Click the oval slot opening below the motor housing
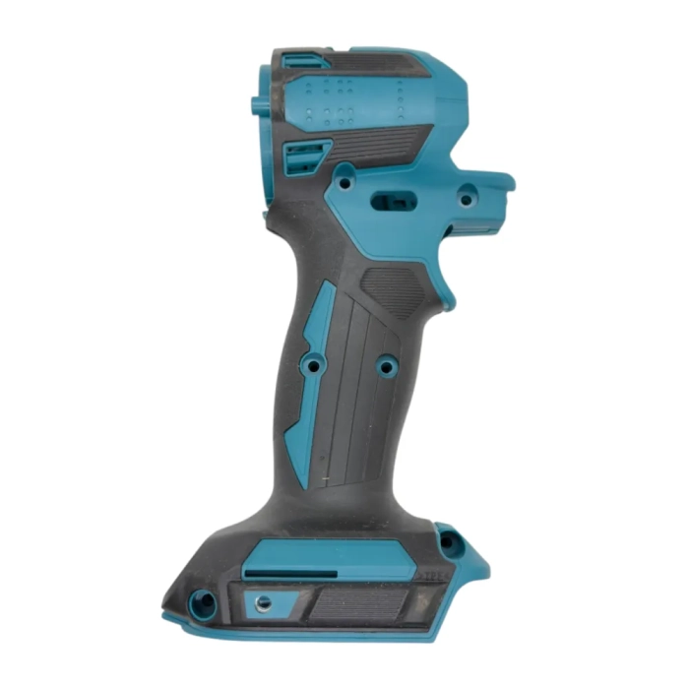tap(393, 199)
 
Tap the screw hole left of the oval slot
tap(344, 182)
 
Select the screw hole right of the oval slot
tap(466, 199)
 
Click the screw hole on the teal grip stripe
tap(315, 365)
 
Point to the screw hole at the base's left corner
tap(205, 597)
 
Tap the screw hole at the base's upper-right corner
tap(450, 540)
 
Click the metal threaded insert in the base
tap(263, 601)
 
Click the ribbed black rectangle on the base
tap(359, 601)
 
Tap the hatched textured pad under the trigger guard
tap(394, 285)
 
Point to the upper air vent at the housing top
tap(301, 62)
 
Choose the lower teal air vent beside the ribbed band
tap(306, 156)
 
